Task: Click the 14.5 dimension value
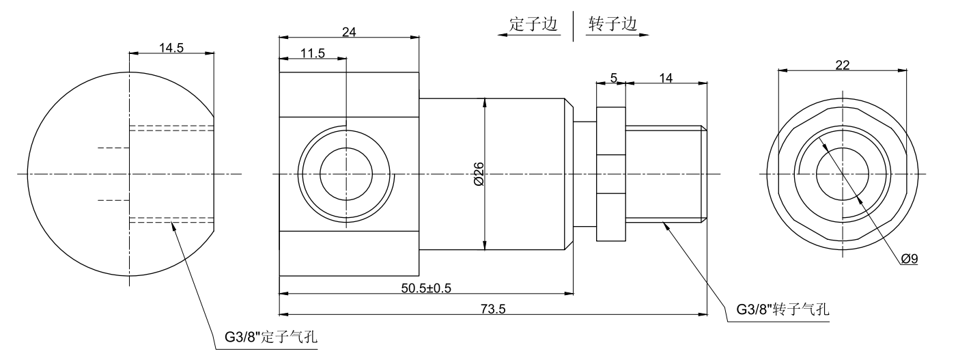171,48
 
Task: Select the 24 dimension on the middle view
348,32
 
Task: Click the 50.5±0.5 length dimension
425,288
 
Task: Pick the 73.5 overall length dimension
492,309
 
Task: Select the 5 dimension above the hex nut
613,79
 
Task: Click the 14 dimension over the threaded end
665,79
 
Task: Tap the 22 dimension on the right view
843,64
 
